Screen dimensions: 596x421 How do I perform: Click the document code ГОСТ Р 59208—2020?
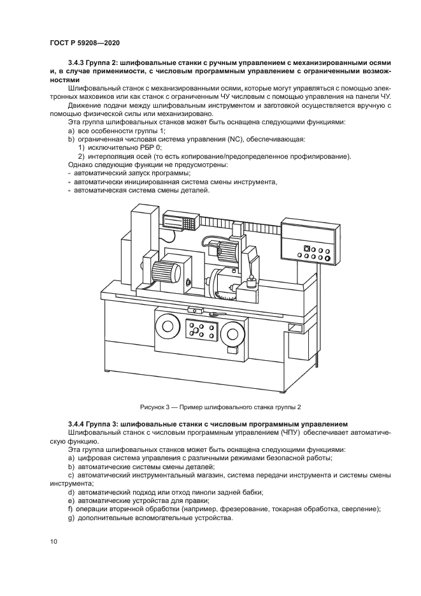(x=85, y=43)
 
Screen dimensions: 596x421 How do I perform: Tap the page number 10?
(x=54, y=542)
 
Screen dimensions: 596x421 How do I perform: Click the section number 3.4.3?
(x=78, y=62)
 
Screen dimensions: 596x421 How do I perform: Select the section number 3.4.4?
(x=78, y=423)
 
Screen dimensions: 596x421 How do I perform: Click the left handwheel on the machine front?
(x=169, y=328)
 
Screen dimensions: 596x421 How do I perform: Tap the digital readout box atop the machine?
(x=179, y=221)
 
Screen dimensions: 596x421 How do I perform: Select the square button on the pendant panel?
(x=307, y=249)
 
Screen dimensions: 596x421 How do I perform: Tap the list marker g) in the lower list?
(x=71, y=518)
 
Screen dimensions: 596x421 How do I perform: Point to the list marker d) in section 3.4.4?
(x=71, y=491)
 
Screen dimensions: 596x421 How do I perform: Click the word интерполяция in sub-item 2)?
(x=108, y=156)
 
